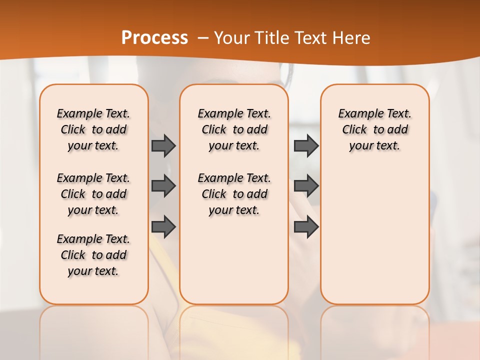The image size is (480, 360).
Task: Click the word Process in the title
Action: [154, 37]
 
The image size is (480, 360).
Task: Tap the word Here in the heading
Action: [352, 37]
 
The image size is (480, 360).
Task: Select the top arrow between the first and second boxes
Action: [163, 145]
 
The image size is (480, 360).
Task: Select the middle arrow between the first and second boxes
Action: [163, 186]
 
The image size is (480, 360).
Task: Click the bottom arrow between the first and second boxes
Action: [163, 226]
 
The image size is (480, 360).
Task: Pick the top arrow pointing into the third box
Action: [306, 145]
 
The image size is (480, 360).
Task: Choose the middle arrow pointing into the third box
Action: [306, 186]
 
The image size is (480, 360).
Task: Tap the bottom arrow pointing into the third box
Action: [306, 226]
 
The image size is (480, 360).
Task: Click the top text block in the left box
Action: [93, 129]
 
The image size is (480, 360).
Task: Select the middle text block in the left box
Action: [93, 194]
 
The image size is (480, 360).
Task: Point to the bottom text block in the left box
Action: [93, 255]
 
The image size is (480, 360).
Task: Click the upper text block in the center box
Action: [234, 129]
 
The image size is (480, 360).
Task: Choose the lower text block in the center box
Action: [234, 194]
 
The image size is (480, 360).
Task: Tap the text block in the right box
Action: [374, 129]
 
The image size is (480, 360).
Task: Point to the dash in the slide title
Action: [203, 37]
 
